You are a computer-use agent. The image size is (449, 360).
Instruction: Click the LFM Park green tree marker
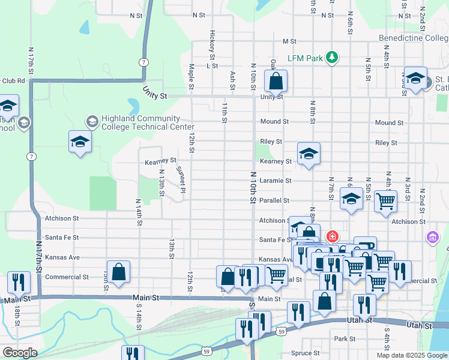pos(331,58)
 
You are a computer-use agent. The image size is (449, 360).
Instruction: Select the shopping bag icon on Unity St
pos(276,81)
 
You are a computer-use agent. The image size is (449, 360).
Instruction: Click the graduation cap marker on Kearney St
pos(309,154)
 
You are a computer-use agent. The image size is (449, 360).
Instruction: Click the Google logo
pos(19,353)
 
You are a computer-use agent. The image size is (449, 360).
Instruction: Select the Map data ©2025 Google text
pos(411,355)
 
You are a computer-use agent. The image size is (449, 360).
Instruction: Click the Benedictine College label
pos(414,38)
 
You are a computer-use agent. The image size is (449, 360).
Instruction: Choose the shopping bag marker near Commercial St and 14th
pos(119,271)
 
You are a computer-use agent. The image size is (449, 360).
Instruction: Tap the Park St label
pos(345,339)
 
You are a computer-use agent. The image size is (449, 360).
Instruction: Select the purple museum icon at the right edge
pos(432,238)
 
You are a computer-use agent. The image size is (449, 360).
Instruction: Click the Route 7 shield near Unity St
pos(142,62)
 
